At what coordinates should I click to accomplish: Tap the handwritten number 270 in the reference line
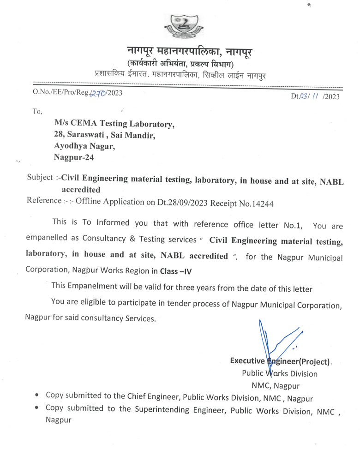tap(98, 94)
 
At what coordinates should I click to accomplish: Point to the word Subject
tap(40, 178)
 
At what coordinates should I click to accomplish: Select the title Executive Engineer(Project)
tap(280, 361)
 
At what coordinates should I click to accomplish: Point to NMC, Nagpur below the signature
tap(276, 385)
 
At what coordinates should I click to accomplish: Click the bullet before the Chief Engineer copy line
tap(37, 396)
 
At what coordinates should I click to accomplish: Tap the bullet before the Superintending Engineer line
tap(37, 409)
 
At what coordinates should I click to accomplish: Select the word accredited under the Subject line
tap(81, 190)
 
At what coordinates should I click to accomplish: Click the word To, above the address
tap(37, 111)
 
